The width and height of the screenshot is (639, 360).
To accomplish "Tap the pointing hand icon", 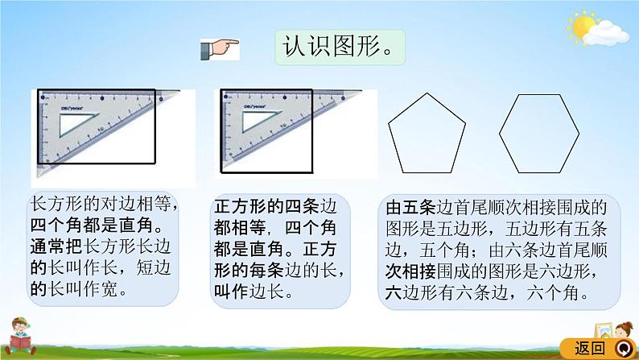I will (x=219, y=48).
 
